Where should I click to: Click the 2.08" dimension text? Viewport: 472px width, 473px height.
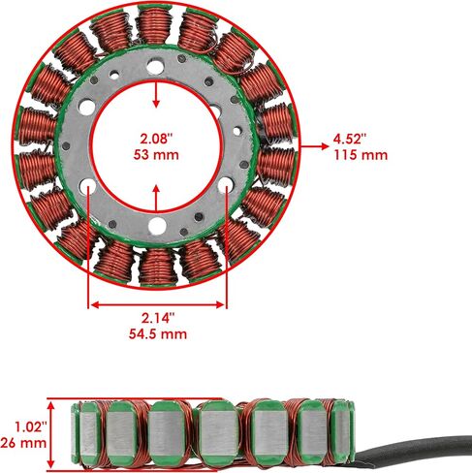[156, 139]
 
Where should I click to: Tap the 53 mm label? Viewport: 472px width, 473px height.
[156, 155]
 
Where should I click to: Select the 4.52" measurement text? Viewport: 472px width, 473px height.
[350, 140]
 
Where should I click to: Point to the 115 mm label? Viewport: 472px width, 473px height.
[361, 155]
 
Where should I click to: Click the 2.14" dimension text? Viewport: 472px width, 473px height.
[158, 318]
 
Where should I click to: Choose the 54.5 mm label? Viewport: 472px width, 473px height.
[158, 333]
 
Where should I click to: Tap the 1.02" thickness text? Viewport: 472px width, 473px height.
[31, 426]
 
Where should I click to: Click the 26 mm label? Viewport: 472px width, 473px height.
[23, 442]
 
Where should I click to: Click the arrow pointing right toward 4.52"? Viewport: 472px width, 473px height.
[315, 146]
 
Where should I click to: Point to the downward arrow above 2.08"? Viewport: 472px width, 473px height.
[156, 94]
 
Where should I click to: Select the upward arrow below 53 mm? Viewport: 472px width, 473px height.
[156, 198]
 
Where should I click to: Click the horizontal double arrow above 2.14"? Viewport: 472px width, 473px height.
[158, 304]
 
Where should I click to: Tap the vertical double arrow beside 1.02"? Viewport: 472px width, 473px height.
[51, 434]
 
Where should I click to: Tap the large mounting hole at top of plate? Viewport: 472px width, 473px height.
[155, 67]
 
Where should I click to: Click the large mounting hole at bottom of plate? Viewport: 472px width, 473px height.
[157, 226]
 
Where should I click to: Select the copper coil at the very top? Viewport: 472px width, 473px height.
[153, 25]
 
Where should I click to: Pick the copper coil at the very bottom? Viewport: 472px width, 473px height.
[158, 267]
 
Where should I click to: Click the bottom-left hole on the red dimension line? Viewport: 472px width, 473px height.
[88, 186]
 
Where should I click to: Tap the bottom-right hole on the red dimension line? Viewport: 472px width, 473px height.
[226, 185]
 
